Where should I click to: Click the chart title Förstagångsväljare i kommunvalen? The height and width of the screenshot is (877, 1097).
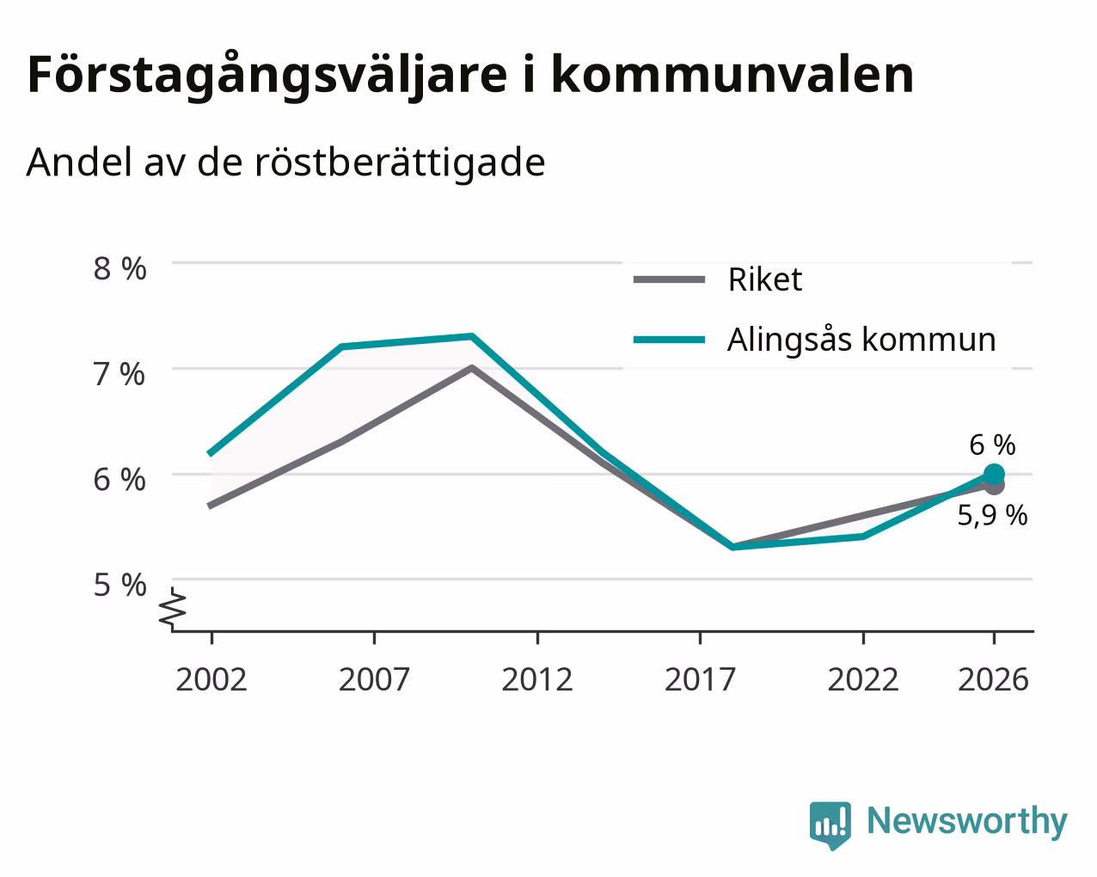click(x=470, y=77)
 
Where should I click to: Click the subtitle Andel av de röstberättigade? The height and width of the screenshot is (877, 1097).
click(x=285, y=163)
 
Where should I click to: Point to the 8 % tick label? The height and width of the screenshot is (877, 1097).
click(x=120, y=269)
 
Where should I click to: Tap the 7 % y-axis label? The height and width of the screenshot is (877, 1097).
click(x=120, y=375)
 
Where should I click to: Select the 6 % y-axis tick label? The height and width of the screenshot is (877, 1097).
click(x=120, y=480)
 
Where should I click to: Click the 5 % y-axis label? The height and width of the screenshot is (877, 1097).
click(x=120, y=585)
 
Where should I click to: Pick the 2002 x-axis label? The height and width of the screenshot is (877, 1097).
click(x=211, y=679)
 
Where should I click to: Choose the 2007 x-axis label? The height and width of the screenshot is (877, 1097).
click(x=374, y=679)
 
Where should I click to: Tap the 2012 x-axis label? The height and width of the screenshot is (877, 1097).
click(x=537, y=679)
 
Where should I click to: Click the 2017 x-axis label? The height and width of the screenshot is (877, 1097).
click(x=700, y=679)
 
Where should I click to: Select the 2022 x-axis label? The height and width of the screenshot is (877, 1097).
click(x=863, y=679)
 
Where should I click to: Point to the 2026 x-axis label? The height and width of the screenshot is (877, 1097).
click(x=994, y=679)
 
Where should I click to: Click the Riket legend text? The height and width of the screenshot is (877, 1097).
click(x=765, y=279)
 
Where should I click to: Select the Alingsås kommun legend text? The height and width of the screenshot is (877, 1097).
click(x=861, y=339)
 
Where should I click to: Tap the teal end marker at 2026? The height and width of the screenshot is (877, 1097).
click(x=994, y=475)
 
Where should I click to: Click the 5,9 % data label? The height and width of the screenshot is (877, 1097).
click(x=992, y=515)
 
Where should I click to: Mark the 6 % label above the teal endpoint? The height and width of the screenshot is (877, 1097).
click(x=992, y=445)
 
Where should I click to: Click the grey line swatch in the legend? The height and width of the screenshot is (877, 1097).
click(x=669, y=279)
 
